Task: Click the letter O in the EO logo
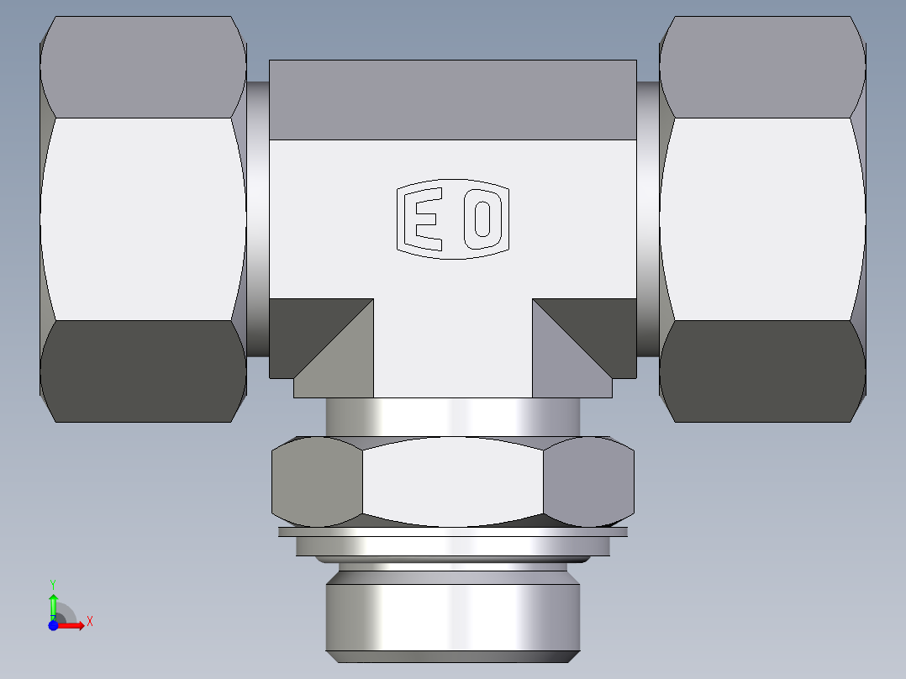pos(482,219)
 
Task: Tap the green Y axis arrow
pos(53,601)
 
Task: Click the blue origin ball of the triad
pos(53,625)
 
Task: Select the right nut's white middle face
pos(761,218)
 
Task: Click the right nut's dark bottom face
pos(761,371)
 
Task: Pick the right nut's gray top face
pos(761,67)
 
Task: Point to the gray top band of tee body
pos(452,100)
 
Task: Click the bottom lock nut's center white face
pos(452,482)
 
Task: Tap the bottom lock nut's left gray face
pos(317,482)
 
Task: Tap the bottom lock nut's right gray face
pos(588,482)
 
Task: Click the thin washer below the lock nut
pos(452,532)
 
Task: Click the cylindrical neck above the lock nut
pos(452,416)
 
